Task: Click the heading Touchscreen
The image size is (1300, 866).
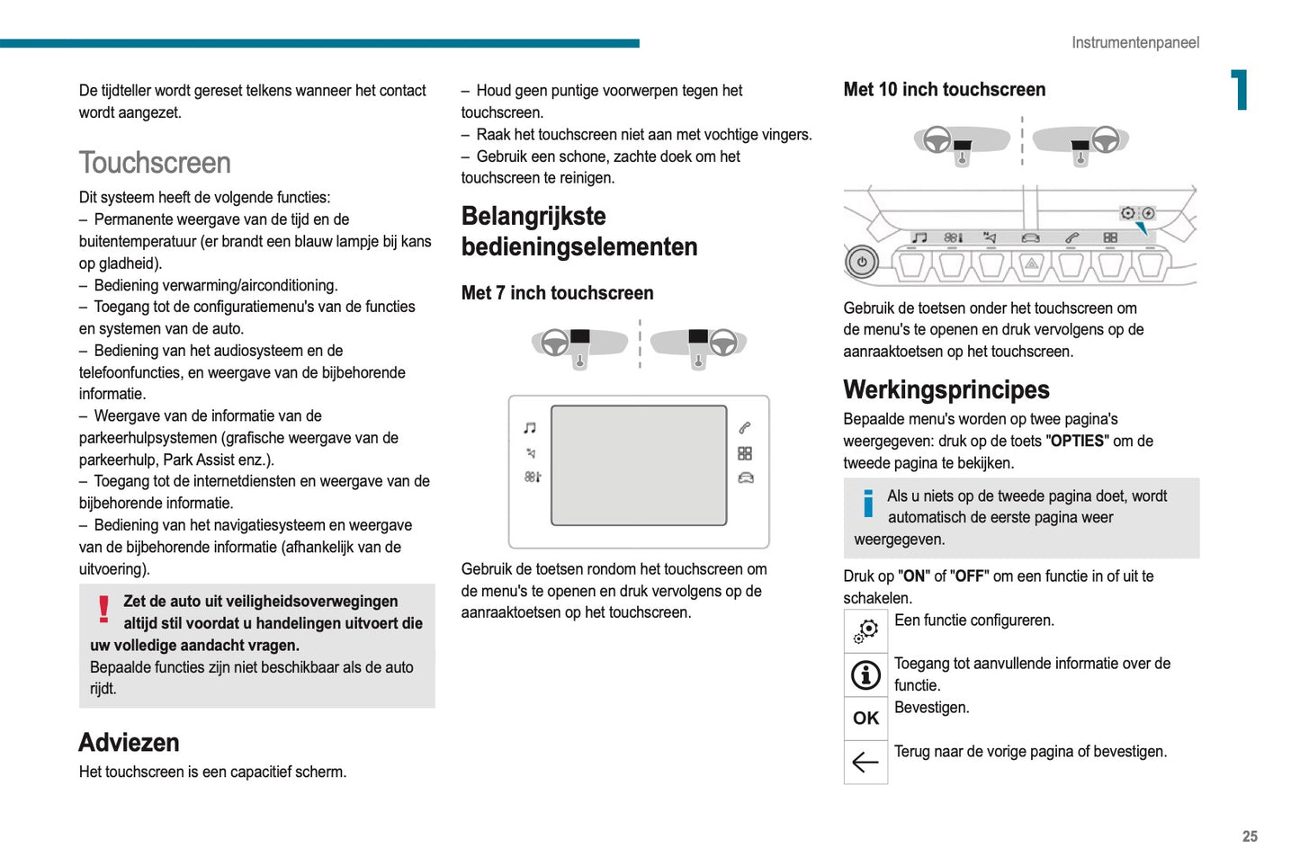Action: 155,163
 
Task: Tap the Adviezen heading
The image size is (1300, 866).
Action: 129,742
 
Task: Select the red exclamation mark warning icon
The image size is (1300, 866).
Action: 104,609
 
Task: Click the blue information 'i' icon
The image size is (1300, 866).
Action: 867,504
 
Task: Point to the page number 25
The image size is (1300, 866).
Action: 1250,836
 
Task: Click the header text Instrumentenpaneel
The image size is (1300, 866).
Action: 1134,42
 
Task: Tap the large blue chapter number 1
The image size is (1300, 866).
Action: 1240,90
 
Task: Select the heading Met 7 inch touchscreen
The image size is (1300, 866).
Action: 557,293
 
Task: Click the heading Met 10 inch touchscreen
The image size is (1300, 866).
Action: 944,90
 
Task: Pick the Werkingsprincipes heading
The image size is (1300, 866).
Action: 946,389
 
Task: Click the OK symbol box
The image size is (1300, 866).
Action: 865,718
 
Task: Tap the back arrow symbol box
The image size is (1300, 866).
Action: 865,762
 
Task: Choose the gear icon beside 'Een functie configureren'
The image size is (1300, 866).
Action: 865,630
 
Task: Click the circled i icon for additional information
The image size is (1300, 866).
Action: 865,674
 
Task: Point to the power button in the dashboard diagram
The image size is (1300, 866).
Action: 861,263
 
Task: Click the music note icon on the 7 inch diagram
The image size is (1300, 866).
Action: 530,428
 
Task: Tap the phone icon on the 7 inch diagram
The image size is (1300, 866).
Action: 745,428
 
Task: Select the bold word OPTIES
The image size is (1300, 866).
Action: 1077,442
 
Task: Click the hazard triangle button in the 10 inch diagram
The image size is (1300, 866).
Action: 1031,264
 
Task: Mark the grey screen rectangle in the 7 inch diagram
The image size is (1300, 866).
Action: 639,465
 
